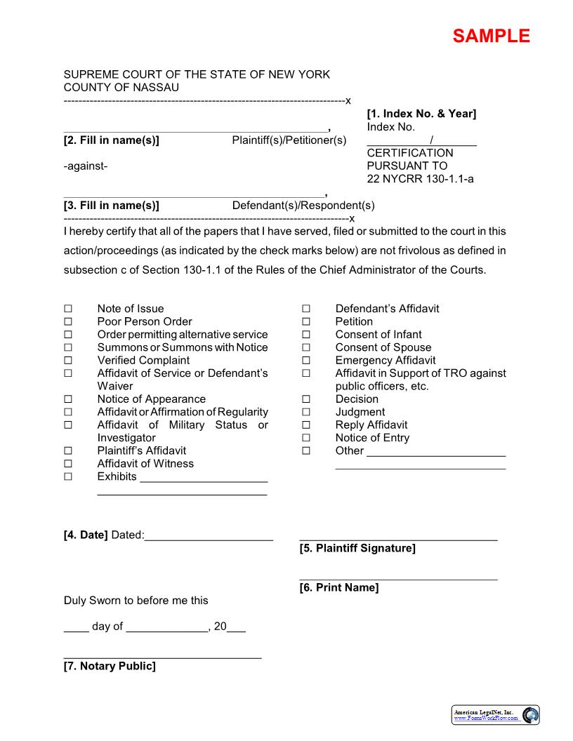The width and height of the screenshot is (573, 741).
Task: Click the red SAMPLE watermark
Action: pyautogui.click(x=491, y=36)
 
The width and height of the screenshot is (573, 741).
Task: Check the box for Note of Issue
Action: pyautogui.click(x=68, y=309)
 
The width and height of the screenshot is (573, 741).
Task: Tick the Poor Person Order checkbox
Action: pyautogui.click(x=68, y=321)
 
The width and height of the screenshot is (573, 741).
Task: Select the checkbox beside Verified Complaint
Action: pyautogui.click(x=68, y=361)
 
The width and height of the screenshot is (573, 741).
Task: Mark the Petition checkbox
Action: pyautogui.click(x=306, y=321)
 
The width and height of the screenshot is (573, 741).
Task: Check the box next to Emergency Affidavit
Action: pyautogui.click(x=306, y=361)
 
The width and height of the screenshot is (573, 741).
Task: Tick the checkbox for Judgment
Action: pyautogui.click(x=306, y=412)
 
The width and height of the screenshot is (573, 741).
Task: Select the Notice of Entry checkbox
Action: pyautogui.click(x=306, y=438)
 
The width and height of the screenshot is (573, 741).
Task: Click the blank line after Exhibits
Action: pyautogui.click(x=204, y=481)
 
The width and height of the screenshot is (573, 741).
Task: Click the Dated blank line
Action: pyautogui.click(x=209, y=540)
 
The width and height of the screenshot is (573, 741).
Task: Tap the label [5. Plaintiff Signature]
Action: pyautogui.click(x=357, y=548)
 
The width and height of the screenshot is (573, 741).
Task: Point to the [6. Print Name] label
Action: pyautogui.click(x=339, y=587)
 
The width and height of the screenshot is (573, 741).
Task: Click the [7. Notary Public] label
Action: pyautogui.click(x=110, y=666)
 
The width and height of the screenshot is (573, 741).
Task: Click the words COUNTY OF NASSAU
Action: pyautogui.click(x=121, y=88)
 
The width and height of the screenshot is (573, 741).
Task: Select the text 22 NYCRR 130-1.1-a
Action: pyautogui.click(x=420, y=179)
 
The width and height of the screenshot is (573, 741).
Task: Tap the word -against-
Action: pyautogui.click(x=86, y=166)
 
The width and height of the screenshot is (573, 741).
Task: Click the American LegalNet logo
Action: pyautogui.click(x=496, y=715)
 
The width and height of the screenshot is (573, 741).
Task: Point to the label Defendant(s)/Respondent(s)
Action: pyautogui.click(x=303, y=206)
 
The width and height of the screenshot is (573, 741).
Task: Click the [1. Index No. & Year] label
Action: pyautogui.click(x=421, y=114)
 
